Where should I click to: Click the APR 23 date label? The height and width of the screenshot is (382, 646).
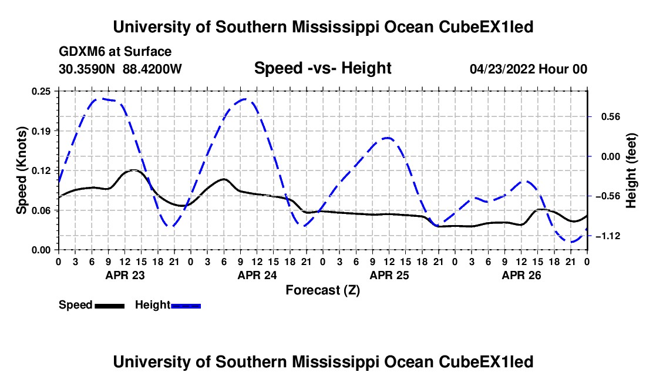125,275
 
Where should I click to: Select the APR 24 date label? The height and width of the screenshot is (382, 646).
257,275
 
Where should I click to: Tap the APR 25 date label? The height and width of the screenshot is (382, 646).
389,275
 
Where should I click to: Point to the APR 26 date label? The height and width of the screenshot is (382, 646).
521,275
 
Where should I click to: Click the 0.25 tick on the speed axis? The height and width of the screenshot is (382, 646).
41,91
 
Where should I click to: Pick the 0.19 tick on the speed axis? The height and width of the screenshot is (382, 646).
41,131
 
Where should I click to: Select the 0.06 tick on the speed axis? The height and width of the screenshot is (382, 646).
41,210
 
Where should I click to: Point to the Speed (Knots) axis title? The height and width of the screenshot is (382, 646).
21,170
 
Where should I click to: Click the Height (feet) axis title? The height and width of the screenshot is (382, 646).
631,170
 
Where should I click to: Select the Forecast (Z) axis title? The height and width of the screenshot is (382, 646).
323,290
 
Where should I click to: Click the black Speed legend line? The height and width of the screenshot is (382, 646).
110,306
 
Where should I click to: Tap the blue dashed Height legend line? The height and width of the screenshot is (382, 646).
186,306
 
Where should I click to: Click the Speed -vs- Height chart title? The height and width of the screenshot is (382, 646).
323,68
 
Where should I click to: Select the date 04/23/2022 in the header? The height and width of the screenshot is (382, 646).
502,69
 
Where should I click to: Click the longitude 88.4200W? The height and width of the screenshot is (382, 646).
152,69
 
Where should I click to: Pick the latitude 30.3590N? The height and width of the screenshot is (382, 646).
87,69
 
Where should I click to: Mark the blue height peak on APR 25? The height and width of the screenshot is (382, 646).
387,138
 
